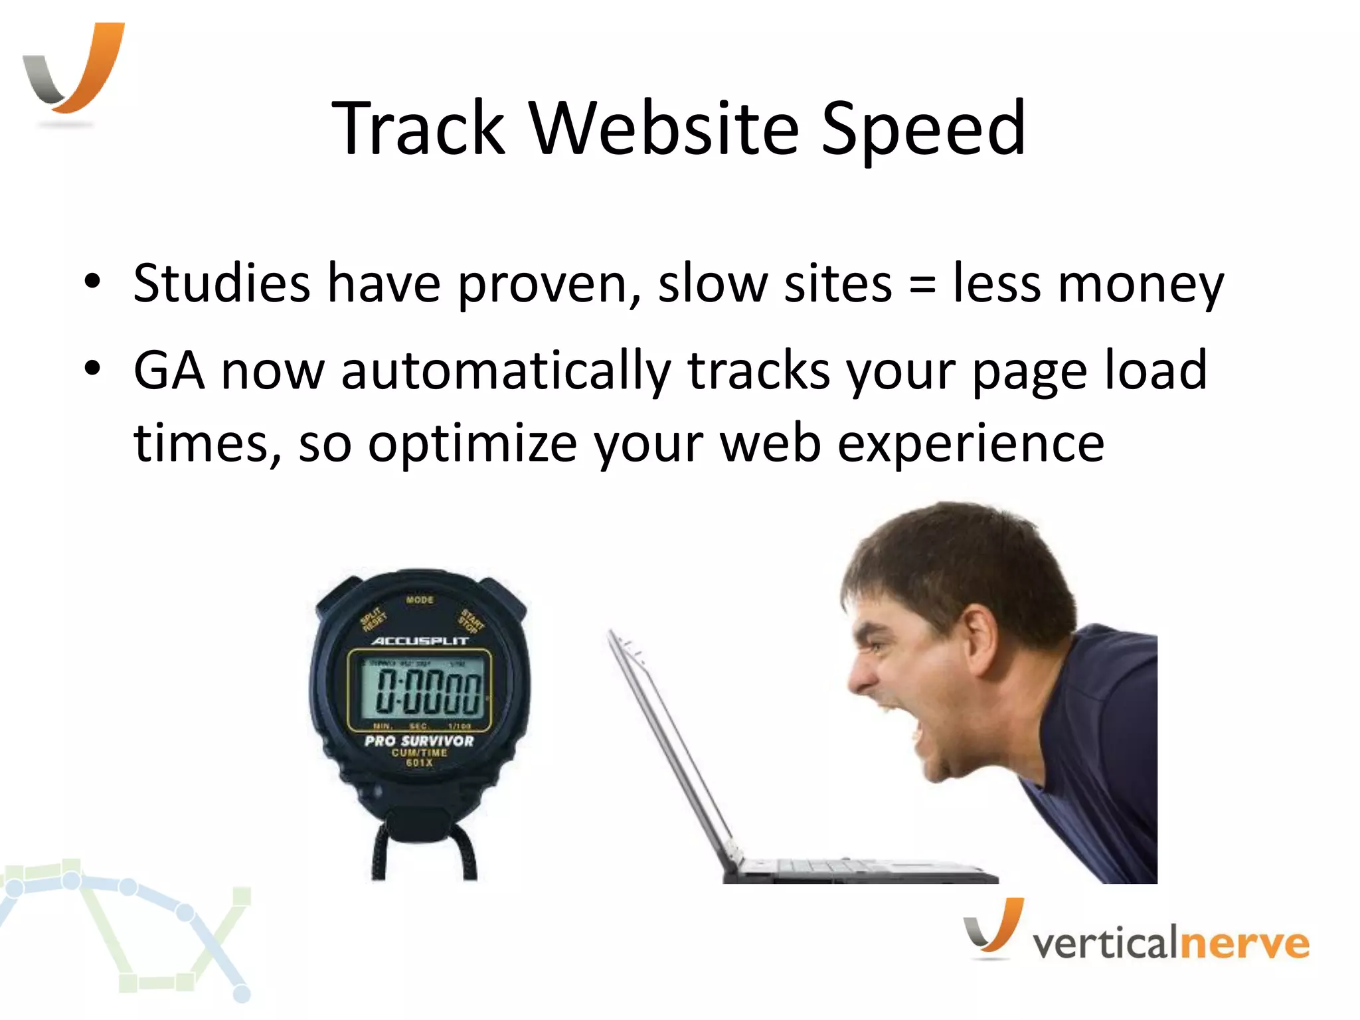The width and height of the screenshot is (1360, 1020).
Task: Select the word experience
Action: point(970,444)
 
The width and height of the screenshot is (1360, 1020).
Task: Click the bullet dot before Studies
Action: point(92,282)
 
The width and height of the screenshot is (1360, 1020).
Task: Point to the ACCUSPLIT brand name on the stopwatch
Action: point(420,641)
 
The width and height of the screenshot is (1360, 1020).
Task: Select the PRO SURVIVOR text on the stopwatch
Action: point(419,740)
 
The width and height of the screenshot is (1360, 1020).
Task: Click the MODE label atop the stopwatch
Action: point(420,600)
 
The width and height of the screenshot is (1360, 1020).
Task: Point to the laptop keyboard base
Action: point(863,870)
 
